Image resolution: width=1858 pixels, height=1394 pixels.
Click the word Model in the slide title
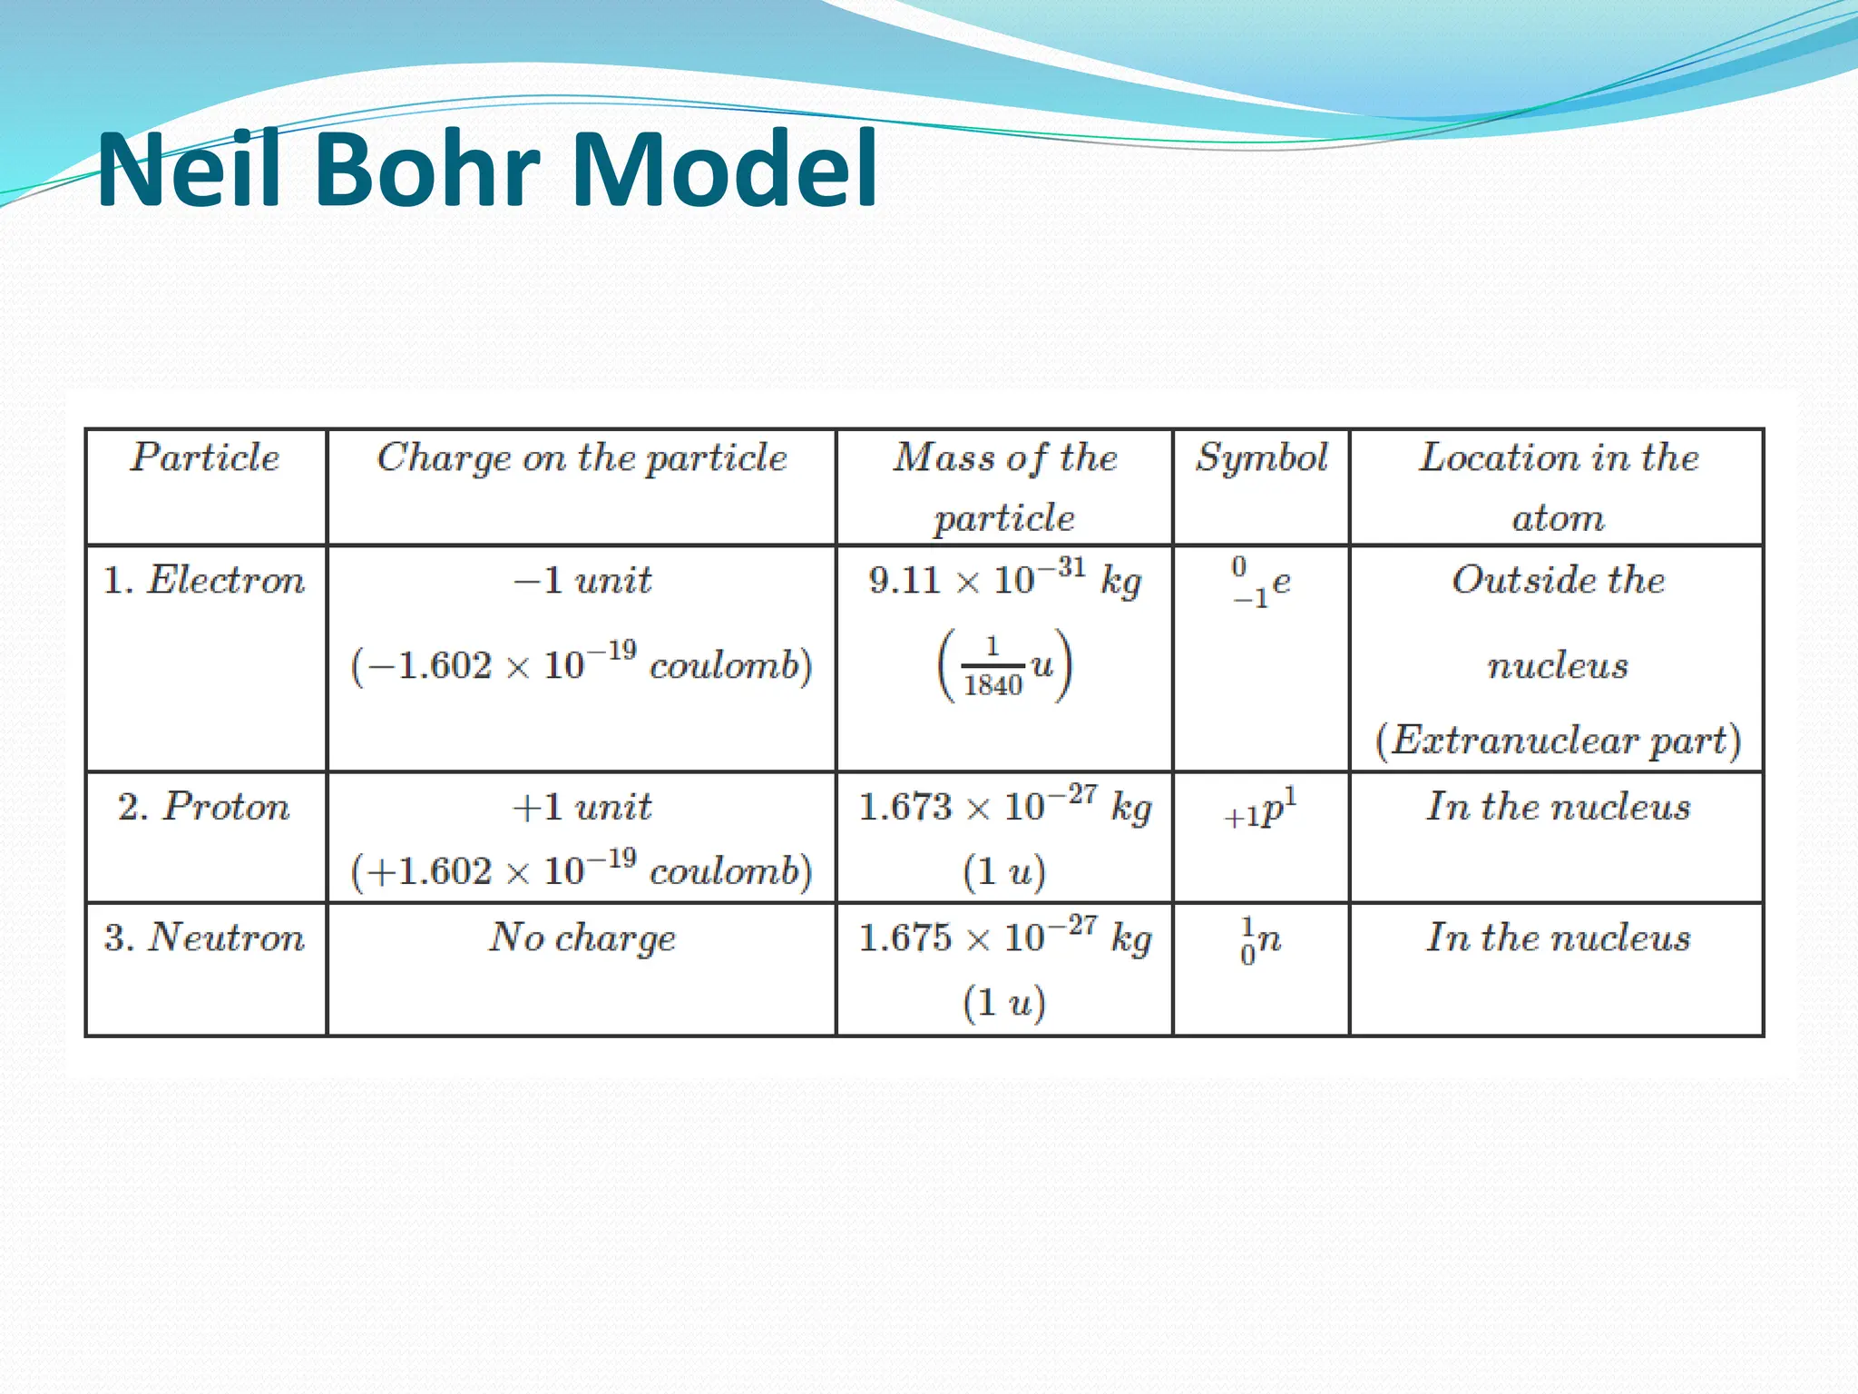725,170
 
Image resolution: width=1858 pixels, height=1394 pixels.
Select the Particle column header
205,457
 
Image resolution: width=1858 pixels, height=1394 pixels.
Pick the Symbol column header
1261,457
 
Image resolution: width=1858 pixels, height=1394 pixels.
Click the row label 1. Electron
205,581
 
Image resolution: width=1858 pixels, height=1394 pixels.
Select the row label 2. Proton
205,807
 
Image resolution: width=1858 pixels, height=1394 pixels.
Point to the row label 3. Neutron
205,938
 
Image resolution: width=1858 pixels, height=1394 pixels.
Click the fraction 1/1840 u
1004,665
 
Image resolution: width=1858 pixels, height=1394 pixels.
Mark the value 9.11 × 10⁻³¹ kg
1004,579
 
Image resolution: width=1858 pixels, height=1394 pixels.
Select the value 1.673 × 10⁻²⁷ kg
1004,806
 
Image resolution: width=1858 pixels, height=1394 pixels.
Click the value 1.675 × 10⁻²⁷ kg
1004,937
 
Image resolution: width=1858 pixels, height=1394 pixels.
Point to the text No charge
582,938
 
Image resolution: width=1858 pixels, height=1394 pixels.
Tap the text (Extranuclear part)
1558,741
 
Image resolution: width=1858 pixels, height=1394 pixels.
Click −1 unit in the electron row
582,580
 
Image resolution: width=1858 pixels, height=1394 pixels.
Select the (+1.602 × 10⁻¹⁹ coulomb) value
582,871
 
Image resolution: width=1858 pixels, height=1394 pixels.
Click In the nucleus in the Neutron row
1558,938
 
